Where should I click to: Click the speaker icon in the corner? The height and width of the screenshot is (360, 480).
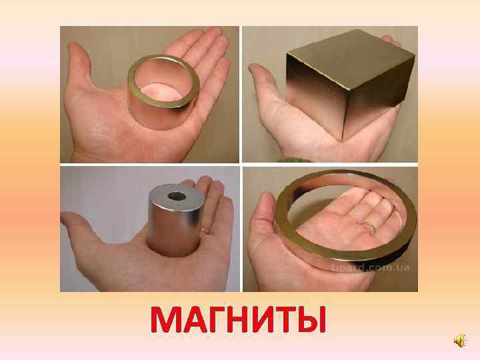point(460,341)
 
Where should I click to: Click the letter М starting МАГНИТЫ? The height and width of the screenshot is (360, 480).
point(166,319)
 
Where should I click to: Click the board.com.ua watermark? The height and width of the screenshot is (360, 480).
point(371,267)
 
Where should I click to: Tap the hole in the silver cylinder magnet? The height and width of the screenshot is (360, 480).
point(177,196)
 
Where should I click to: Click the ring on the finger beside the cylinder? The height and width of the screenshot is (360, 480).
point(205,230)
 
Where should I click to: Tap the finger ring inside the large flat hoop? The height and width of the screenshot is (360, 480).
point(369,226)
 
